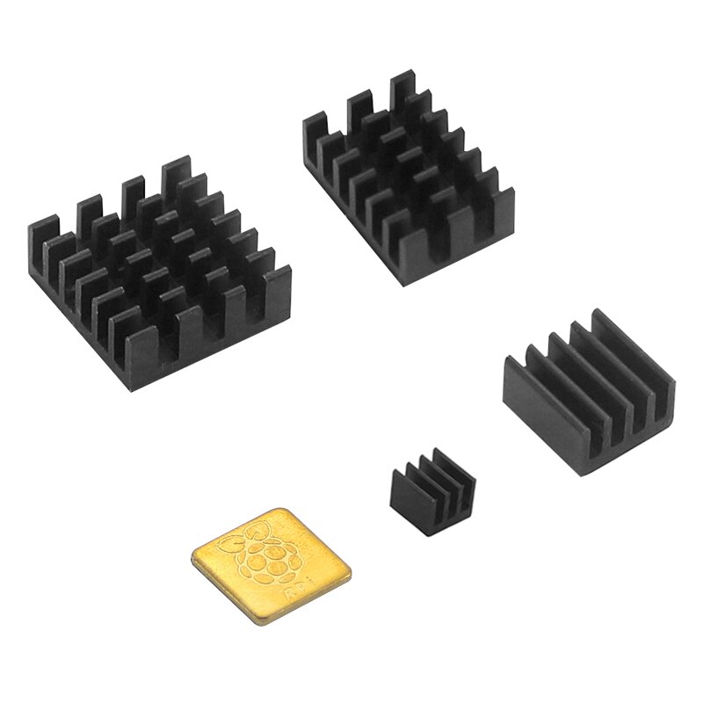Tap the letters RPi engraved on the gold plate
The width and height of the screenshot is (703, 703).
point(297,595)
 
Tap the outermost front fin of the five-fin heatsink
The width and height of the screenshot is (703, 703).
point(527,387)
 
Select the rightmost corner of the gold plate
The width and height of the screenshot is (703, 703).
point(350,571)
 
